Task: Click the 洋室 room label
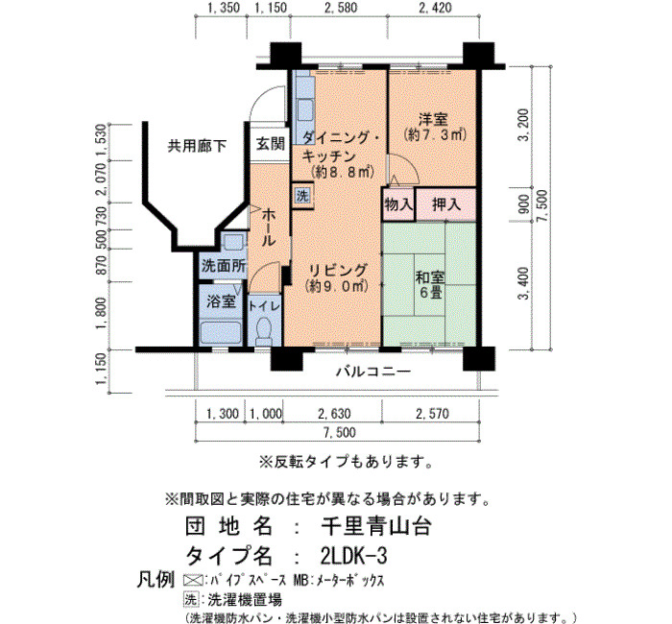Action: (x=433, y=119)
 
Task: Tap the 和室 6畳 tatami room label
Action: (x=430, y=284)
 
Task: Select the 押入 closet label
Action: (x=446, y=204)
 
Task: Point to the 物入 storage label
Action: (x=398, y=204)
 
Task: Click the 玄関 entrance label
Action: (x=271, y=144)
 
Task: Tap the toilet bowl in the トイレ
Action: (x=263, y=330)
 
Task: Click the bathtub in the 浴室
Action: (x=221, y=332)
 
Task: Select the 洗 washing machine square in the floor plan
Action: (x=302, y=197)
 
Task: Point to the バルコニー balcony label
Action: (x=372, y=372)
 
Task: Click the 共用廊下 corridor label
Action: (x=197, y=147)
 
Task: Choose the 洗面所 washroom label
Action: (x=224, y=266)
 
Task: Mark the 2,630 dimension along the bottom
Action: (x=334, y=414)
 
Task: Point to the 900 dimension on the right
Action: (x=523, y=204)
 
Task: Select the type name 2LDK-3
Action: (x=353, y=556)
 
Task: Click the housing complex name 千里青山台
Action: (x=376, y=527)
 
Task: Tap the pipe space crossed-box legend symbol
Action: (x=193, y=580)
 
